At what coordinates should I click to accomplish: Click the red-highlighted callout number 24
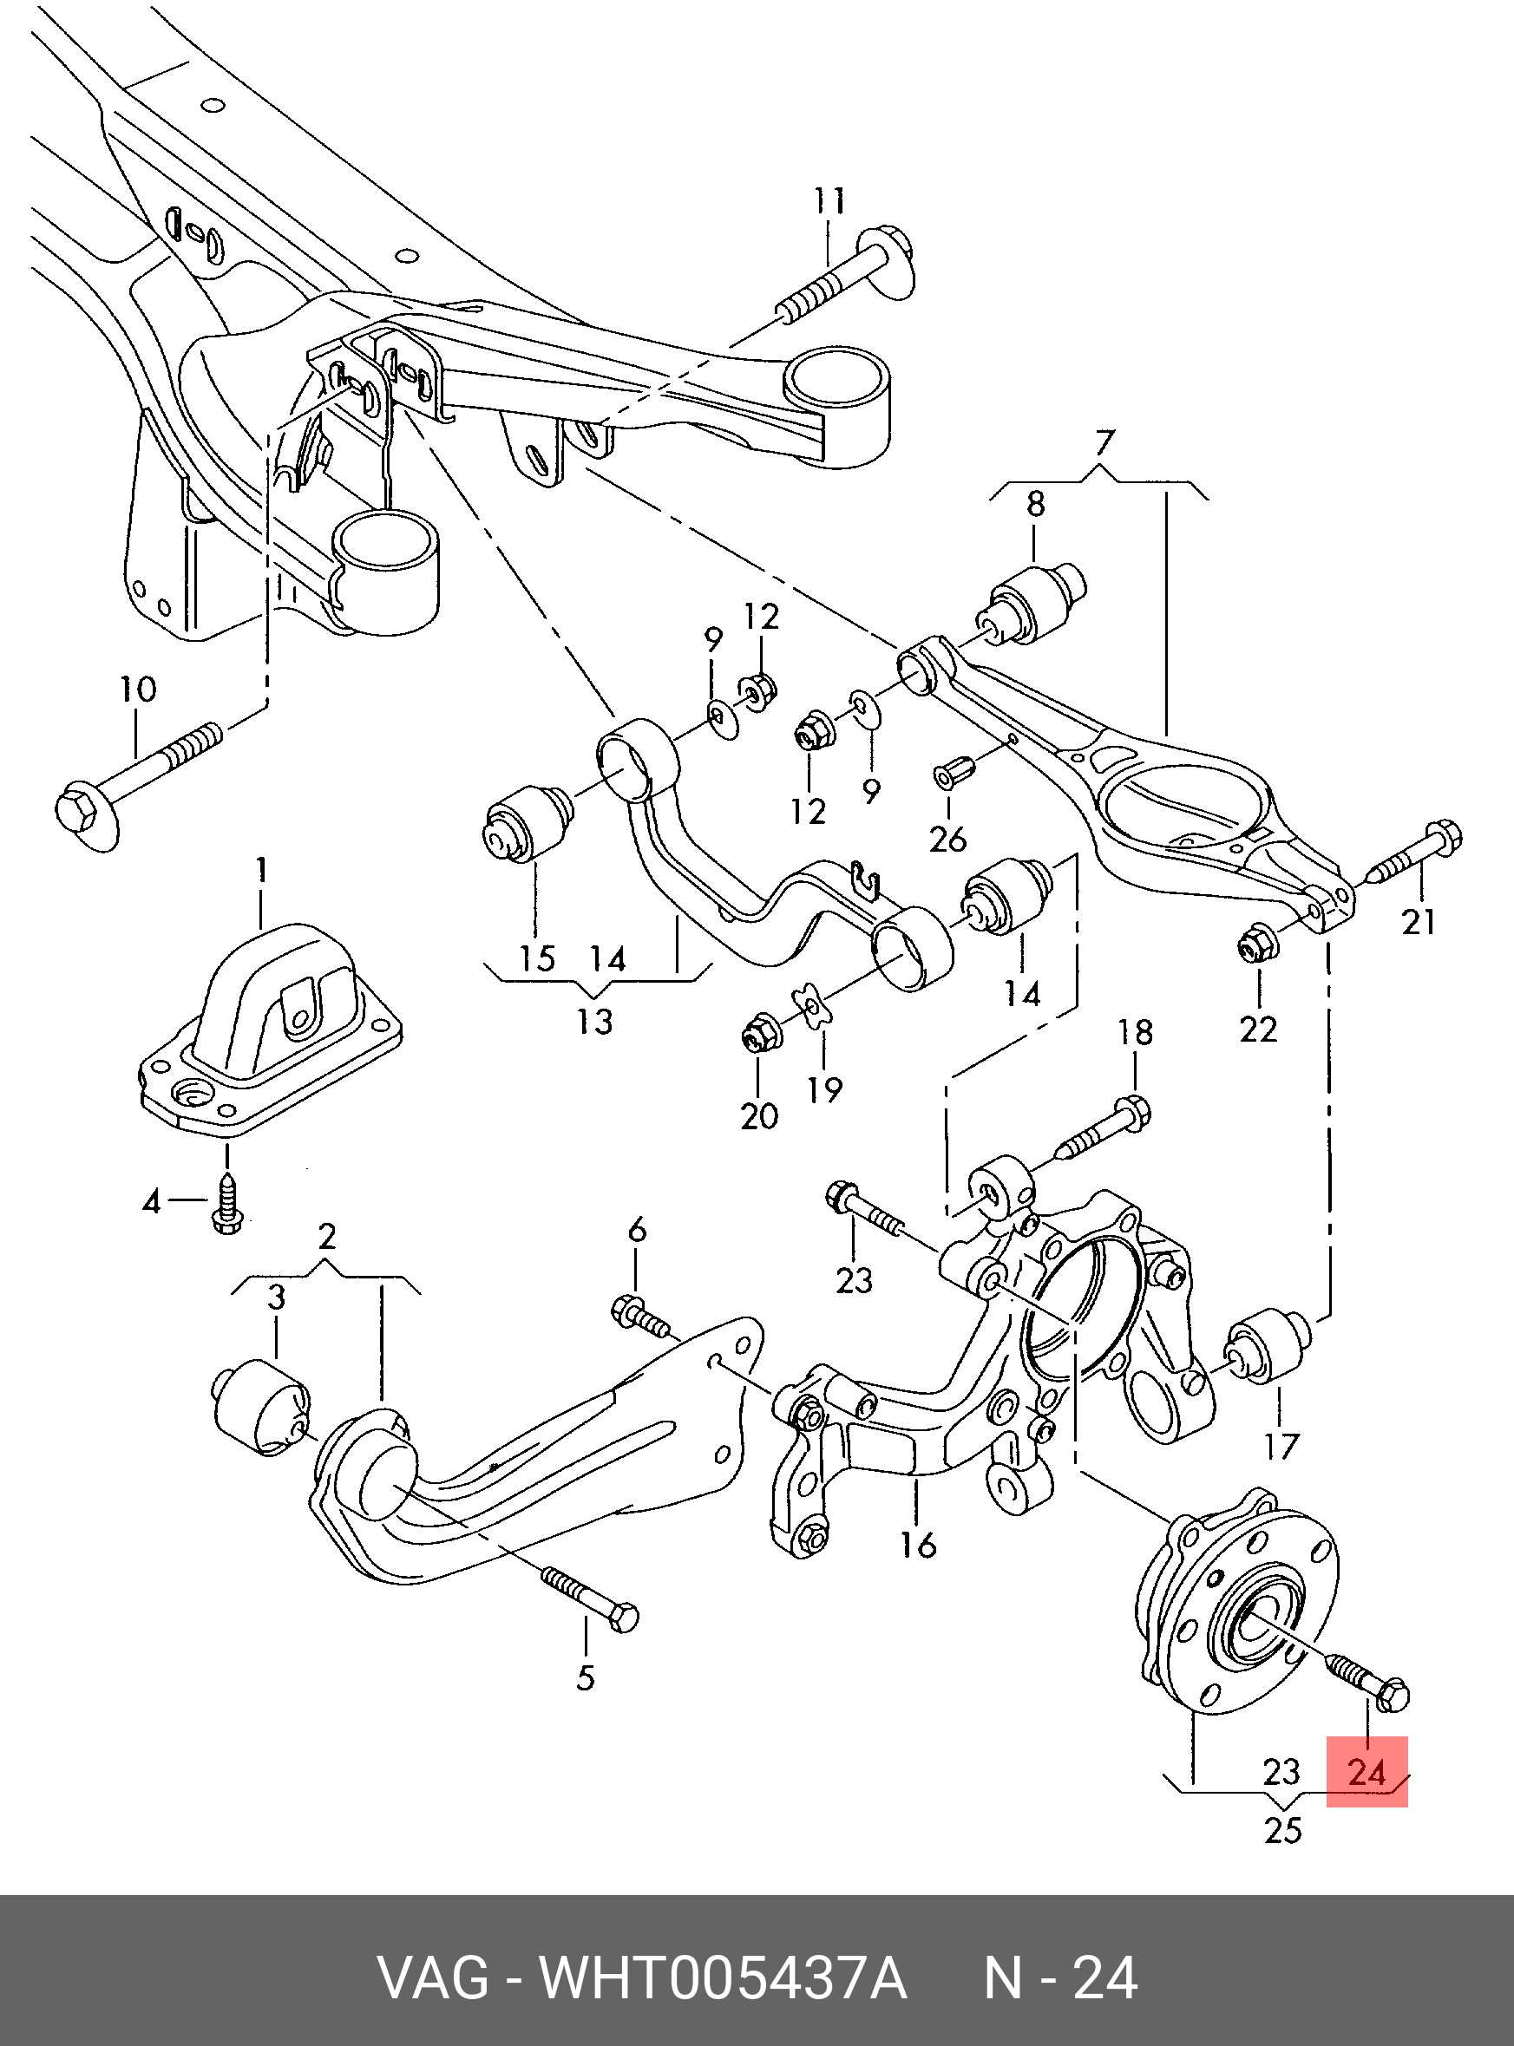[1367, 1771]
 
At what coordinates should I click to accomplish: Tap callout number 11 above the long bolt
[829, 201]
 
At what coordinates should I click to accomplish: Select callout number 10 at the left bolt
[137, 689]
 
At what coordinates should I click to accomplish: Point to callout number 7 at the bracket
[1104, 443]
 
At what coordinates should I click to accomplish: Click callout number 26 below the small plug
[947, 838]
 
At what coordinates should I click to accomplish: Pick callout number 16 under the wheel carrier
[917, 1545]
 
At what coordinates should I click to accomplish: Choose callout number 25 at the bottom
[1282, 1830]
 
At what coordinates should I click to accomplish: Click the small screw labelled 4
[226, 1204]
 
